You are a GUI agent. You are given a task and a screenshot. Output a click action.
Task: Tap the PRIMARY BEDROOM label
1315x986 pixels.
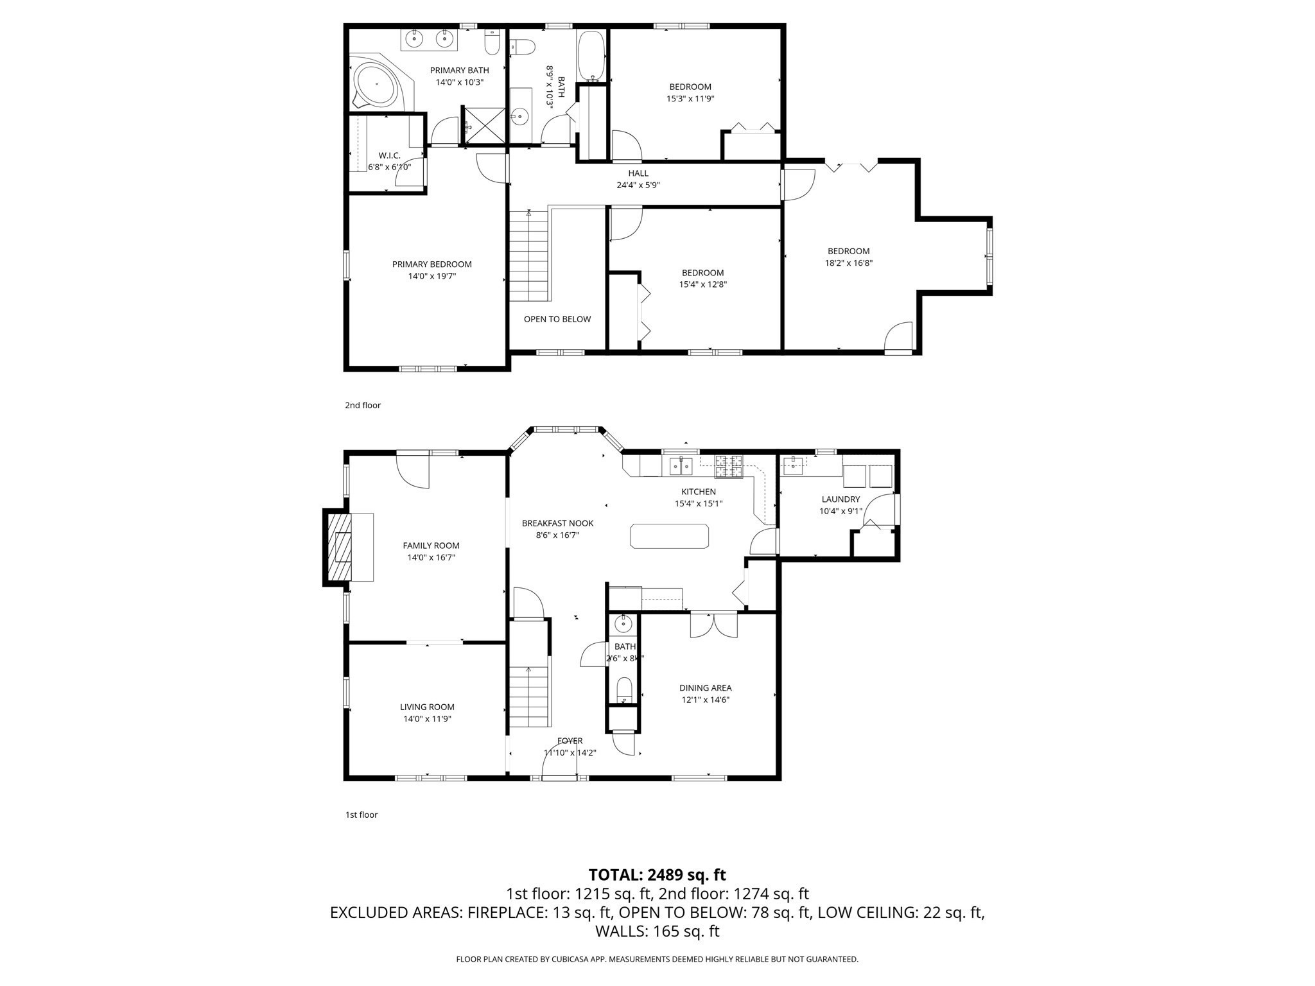coord(431,264)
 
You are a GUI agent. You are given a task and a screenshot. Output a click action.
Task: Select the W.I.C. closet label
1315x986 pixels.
coord(389,155)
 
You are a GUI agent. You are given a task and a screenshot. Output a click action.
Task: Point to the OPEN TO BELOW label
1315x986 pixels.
coord(557,319)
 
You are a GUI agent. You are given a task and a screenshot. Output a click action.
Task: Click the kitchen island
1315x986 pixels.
coord(669,536)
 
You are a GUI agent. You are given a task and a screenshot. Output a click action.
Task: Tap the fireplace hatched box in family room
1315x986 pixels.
coord(340,546)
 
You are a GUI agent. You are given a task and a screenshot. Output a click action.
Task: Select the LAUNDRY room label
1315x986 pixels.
coord(840,499)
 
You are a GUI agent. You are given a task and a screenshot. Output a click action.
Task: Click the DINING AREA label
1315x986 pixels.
coord(705,688)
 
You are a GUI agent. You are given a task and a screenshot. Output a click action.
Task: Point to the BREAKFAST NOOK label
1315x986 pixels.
coord(557,523)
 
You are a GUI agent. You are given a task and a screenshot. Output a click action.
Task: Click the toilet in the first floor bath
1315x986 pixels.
coord(624,690)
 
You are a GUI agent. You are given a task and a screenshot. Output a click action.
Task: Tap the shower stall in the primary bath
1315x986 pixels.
coord(484,126)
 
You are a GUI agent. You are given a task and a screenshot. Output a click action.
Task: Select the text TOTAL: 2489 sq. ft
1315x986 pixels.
coord(657,875)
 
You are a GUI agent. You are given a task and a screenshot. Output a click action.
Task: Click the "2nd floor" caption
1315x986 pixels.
coord(363,406)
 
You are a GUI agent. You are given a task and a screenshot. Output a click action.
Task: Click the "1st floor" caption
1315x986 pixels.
coord(361,815)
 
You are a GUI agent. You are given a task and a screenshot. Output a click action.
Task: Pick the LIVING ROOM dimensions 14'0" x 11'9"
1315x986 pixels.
coord(427,720)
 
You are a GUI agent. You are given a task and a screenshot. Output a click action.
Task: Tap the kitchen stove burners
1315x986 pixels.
coord(729,466)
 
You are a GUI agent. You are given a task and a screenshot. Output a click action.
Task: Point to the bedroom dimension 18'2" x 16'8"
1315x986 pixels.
coord(848,263)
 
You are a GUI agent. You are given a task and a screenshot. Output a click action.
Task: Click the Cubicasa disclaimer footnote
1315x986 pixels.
coord(657,960)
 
